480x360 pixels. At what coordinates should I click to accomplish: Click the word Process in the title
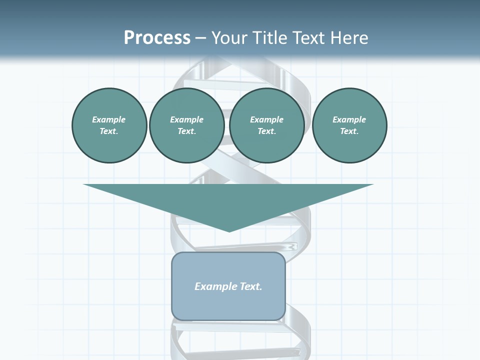(157, 38)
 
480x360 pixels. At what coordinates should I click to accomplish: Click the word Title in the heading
(268, 38)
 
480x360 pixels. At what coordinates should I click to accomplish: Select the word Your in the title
(229, 38)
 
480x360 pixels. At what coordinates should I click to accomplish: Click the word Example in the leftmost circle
(109, 119)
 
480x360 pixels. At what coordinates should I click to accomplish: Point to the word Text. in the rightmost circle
(349, 131)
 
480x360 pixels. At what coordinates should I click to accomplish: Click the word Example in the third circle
(266, 119)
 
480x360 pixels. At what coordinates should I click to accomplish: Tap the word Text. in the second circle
(186, 131)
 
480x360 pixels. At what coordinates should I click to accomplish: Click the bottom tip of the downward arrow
(229, 231)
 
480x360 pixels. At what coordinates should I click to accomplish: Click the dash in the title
(200, 38)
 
